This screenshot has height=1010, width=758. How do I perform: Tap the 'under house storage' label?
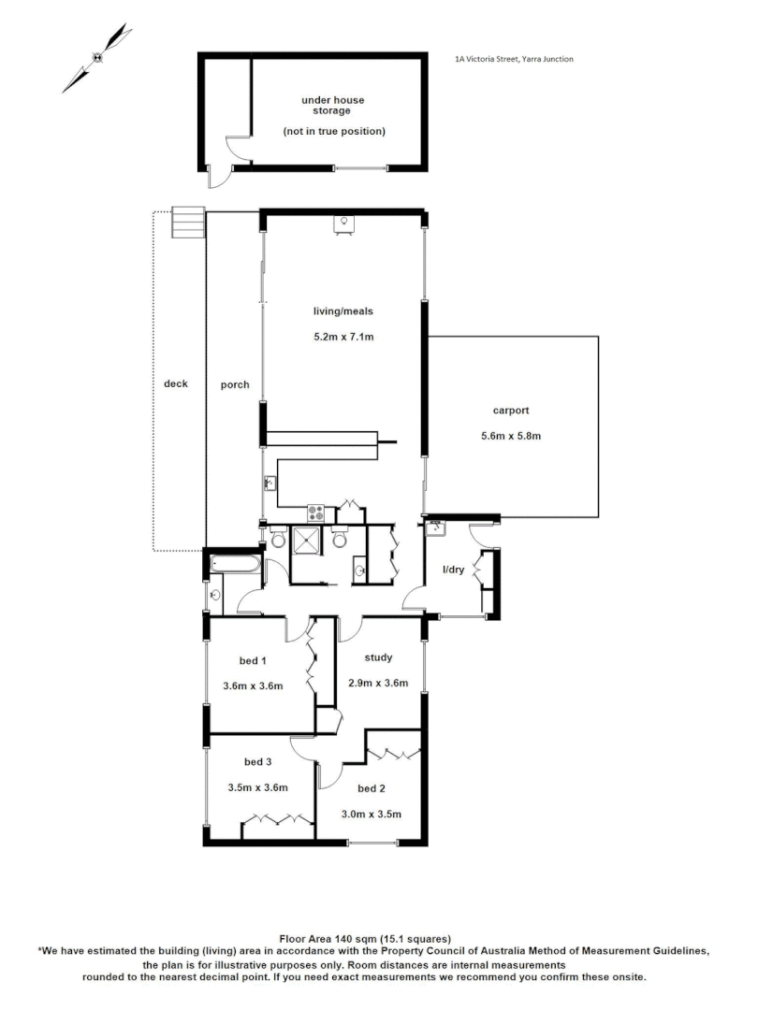click(x=332, y=105)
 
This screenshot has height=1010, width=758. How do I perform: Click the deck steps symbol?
click(x=186, y=223)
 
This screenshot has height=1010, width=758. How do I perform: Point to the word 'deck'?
click(x=175, y=383)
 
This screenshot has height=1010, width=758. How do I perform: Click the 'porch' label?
click(x=234, y=384)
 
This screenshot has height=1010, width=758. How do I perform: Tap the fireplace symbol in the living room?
click(x=344, y=223)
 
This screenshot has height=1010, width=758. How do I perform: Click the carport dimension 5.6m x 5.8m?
click(x=511, y=435)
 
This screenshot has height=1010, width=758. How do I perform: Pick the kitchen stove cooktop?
click(x=316, y=512)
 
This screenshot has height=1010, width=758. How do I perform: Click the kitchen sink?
click(x=270, y=483)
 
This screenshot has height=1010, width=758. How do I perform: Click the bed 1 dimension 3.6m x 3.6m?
click(x=253, y=685)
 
